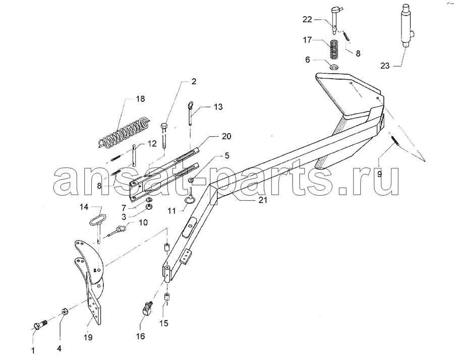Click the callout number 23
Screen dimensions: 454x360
[385, 66]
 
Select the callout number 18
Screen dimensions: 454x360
[140, 99]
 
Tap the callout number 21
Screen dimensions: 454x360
[263, 200]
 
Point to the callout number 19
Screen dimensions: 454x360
[88, 337]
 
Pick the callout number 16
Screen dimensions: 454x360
[140, 336]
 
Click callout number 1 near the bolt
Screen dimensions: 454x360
[33, 350]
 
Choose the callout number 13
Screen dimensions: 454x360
[218, 107]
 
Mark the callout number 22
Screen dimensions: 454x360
[307, 20]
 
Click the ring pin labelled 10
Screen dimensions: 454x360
[117, 231]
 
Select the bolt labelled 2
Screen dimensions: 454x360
[163, 136]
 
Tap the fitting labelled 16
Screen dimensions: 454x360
[148, 309]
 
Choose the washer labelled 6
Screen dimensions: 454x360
[335, 68]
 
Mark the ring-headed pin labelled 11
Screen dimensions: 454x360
[191, 197]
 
